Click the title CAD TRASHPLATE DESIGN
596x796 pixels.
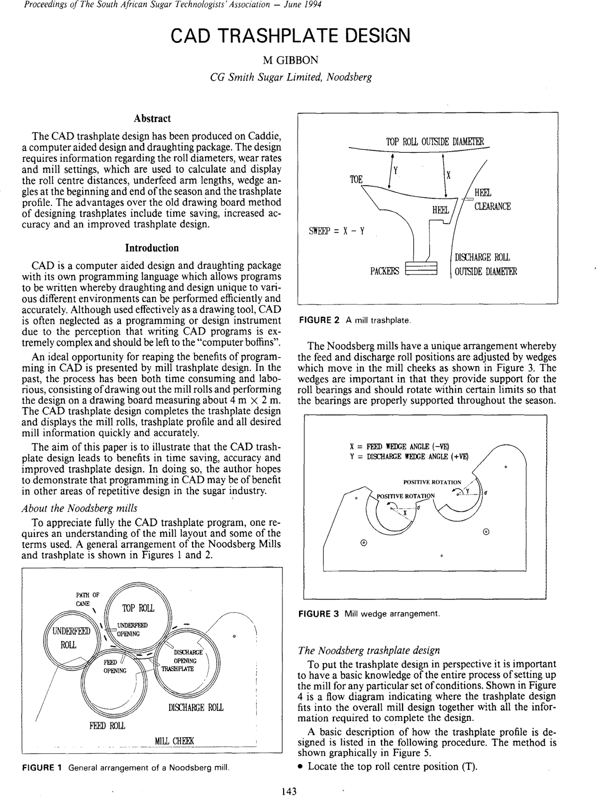coord(291,35)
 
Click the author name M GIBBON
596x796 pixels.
coord(291,60)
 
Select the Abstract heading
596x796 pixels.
coord(152,118)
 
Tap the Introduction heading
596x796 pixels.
coord(152,248)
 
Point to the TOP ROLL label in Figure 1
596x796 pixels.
coord(138,608)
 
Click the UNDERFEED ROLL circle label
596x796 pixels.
coord(68,638)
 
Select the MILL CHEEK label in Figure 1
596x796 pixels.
coord(174,741)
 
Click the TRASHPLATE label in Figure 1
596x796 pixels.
coord(178,669)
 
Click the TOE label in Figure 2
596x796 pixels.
coord(356,180)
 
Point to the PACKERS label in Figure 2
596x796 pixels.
coord(385,271)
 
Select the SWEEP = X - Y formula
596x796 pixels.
coord(337,231)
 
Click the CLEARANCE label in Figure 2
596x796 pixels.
coord(492,207)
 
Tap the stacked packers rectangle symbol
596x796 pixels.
coord(421,268)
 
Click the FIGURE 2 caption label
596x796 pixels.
coord(318,320)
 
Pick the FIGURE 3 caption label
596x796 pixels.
coord(318,613)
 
